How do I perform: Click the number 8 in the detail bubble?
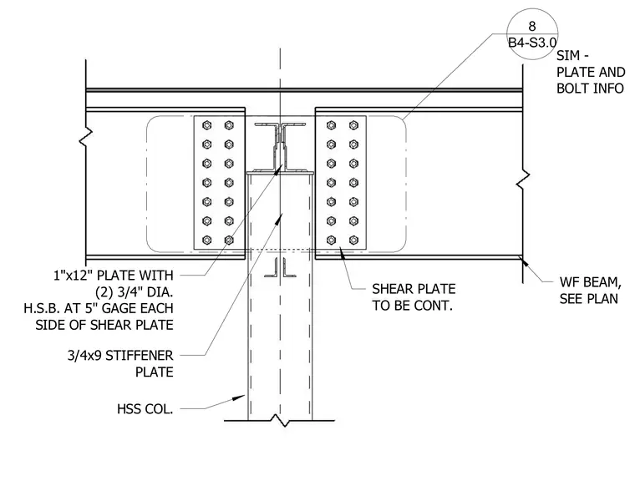coord(532,27)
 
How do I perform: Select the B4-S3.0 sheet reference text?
coord(532,43)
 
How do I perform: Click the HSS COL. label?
coord(145,409)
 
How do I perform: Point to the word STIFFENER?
coord(139,356)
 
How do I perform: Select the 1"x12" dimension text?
coord(74,276)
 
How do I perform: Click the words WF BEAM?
coord(590,281)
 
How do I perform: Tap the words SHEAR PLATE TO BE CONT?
coord(414,297)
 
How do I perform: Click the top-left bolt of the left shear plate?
coord(207,125)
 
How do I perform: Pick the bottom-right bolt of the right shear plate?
coord(353,240)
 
